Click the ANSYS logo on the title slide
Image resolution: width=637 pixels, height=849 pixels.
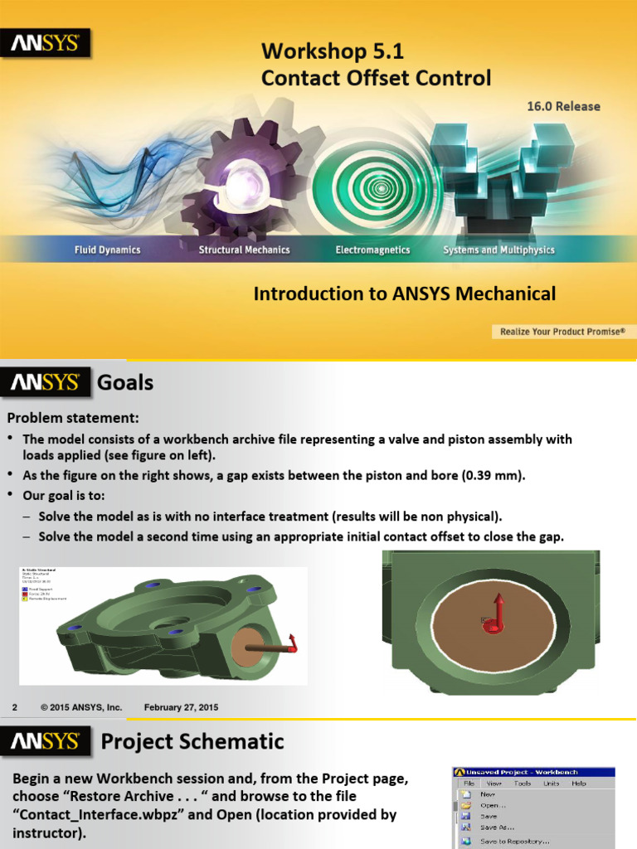click(45, 43)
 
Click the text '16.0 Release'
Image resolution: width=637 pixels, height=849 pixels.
click(563, 106)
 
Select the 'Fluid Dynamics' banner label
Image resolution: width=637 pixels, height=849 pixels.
click(107, 250)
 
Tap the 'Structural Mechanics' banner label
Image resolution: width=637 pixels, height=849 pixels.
click(244, 250)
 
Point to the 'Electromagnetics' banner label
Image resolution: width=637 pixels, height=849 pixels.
click(372, 250)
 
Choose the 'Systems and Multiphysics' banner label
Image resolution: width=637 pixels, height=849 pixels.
click(498, 250)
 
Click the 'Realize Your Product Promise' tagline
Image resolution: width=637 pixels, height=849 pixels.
click(562, 332)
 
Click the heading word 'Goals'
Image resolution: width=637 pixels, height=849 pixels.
click(125, 382)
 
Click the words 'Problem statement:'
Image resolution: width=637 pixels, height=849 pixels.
click(74, 417)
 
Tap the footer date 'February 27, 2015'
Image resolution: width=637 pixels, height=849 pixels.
click(181, 707)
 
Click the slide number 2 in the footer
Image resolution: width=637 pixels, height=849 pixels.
click(14, 707)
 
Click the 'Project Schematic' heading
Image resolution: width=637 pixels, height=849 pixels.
click(192, 741)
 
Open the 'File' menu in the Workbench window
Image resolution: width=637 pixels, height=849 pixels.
click(469, 783)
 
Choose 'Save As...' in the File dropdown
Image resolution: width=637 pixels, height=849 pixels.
click(497, 827)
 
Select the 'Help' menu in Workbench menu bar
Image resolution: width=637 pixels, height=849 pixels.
click(578, 783)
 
